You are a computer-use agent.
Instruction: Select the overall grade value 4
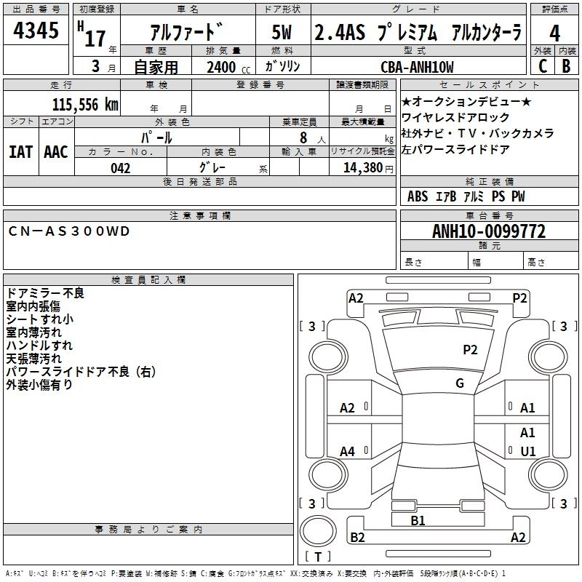point(554,33)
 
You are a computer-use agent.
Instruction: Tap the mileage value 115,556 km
point(85,104)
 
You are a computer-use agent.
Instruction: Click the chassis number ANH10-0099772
point(488,232)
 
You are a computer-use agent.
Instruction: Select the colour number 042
point(120,168)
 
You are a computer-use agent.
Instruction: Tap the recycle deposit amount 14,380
point(362,168)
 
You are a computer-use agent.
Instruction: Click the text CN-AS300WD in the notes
point(69,231)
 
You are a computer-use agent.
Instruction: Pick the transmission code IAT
point(20,152)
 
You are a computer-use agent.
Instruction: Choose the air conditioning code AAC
point(55,152)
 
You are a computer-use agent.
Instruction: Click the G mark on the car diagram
point(460,383)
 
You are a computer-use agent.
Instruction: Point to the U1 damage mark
point(527,451)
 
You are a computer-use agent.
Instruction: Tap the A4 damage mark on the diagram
point(348,452)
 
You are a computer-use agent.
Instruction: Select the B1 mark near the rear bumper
point(418,520)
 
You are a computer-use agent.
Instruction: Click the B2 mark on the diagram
point(357,538)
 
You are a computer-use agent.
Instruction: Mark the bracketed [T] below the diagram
point(317,557)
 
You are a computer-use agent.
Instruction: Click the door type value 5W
point(282,33)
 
